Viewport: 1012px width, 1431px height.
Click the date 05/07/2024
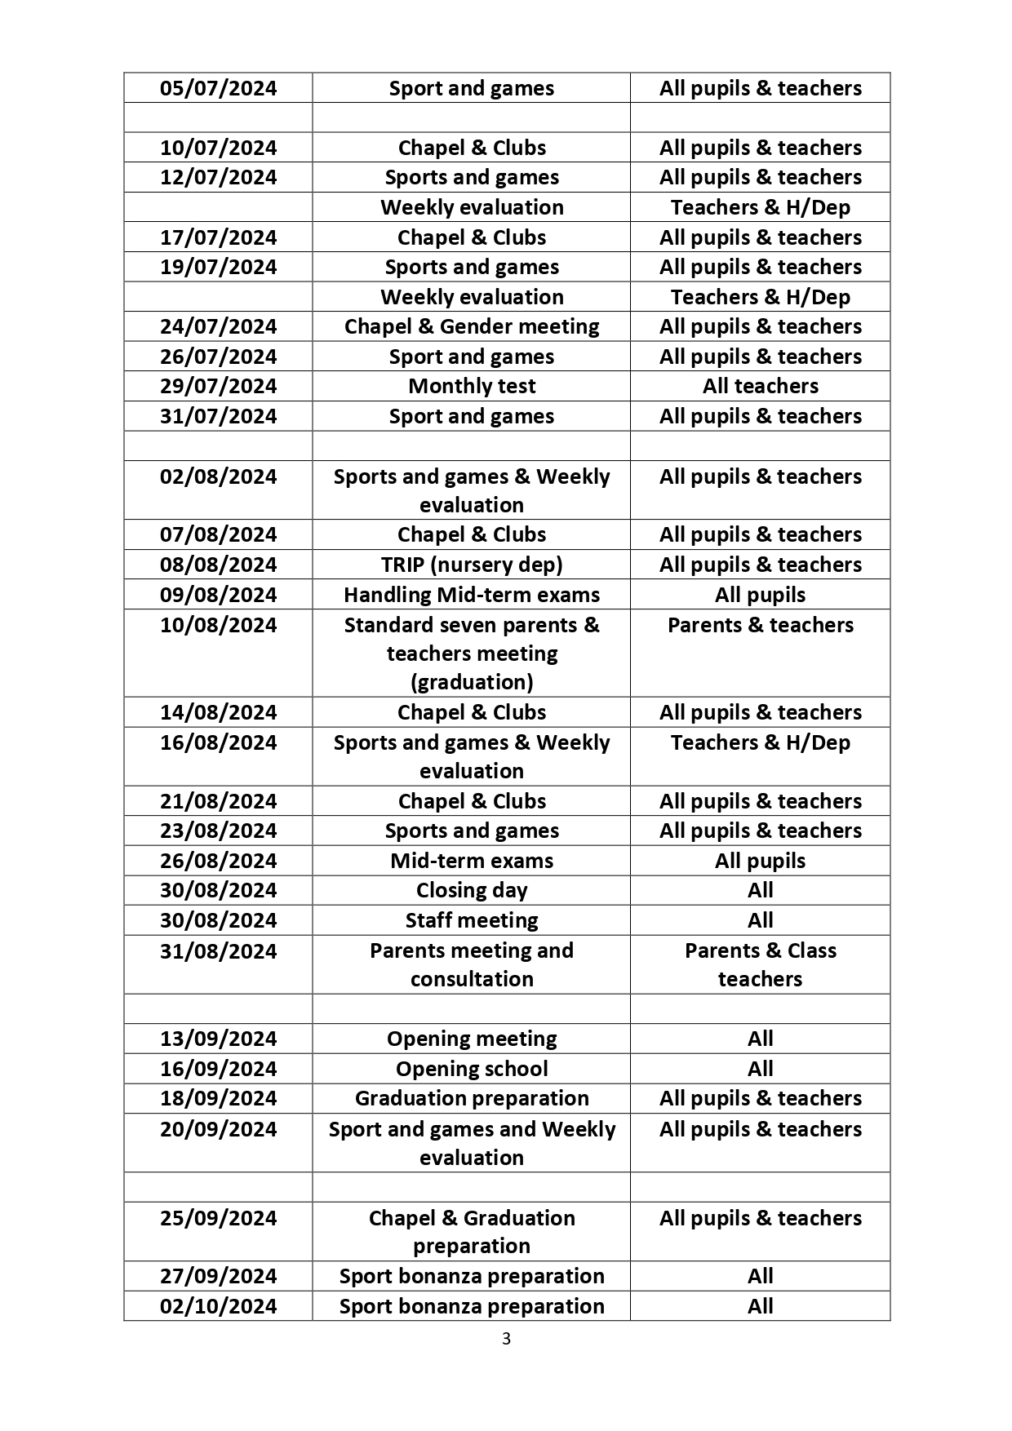(218, 88)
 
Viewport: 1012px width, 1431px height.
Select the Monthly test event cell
(472, 386)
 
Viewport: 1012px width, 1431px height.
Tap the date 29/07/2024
(218, 386)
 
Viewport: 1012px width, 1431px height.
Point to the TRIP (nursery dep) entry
(472, 565)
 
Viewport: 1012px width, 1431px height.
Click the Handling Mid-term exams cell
(472, 595)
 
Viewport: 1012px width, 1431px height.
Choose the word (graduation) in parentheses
(472, 682)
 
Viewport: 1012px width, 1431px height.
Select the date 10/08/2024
(218, 625)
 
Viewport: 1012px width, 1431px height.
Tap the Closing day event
(472, 890)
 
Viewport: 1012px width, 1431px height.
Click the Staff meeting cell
(472, 920)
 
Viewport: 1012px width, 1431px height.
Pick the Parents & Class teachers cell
(760, 964)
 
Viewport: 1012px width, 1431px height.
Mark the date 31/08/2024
(218, 951)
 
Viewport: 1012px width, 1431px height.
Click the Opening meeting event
(472, 1039)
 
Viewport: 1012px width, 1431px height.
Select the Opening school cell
(472, 1069)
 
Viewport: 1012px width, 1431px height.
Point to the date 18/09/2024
(218, 1098)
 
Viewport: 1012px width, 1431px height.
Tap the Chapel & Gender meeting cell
(472, 326)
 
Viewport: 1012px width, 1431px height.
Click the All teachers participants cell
(760, 386)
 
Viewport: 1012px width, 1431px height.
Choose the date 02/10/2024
(218, 1306)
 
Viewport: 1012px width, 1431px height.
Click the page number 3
(506, 1339)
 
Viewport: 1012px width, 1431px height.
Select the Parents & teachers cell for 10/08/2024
(760, 625)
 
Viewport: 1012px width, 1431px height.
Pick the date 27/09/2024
(218, 1276)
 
